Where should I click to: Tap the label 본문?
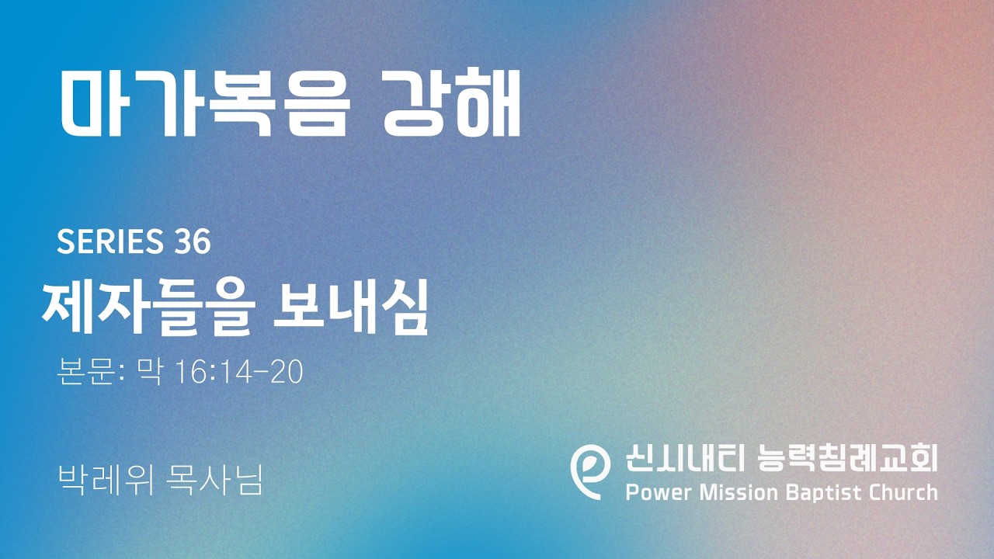(90, 372)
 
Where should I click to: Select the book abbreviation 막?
(149, 372)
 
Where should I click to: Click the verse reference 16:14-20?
(240, 372)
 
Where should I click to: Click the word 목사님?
(214, 480)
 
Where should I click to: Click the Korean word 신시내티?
(684, 458)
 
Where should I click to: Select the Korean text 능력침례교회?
(847, 458)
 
